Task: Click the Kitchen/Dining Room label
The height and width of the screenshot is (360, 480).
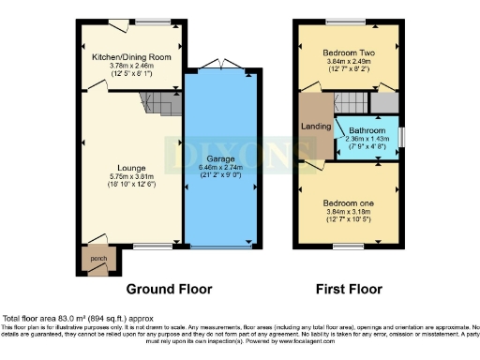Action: tap(131, 57)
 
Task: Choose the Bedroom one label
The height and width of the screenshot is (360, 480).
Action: tap(347, 203)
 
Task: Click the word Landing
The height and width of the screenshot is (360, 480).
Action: tap(313, 127)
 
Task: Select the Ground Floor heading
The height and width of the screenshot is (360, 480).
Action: tap(169, 288)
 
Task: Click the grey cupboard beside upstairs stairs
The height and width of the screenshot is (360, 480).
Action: tap(382, 103)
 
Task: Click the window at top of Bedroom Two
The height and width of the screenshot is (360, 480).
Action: tap(346, 22)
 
